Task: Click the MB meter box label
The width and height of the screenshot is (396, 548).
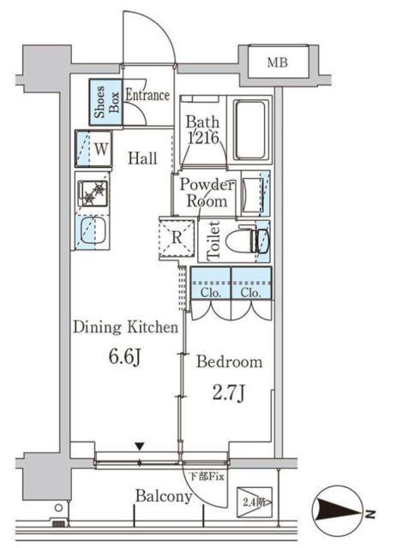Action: pos(278,63)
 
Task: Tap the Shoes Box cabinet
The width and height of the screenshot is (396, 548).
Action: pos(105,102)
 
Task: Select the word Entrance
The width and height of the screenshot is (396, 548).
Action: pos(147,95)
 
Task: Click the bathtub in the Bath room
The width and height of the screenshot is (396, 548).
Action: pos(250,130)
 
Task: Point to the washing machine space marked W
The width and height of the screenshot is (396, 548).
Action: pos(93,149)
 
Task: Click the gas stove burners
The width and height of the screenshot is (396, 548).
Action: pos(93,193)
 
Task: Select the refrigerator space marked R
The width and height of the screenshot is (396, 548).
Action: pos(177,238)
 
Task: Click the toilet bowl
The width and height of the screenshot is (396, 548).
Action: pos(247,241)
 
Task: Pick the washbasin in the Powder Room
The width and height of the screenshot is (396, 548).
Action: pos(250,194)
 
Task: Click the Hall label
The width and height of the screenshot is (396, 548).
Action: pos(142,158)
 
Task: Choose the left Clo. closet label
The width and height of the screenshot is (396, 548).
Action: pos(211,293)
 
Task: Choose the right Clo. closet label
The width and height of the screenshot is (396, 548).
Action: pos(251,293)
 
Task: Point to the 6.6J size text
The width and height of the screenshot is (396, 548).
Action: pos(125,357)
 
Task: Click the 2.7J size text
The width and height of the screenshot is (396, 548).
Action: pos(229,394)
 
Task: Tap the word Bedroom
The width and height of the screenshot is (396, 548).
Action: pos(229,361)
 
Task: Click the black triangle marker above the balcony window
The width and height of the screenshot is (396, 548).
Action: pos(140,446)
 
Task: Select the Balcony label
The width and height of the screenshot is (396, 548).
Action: pos(164,496)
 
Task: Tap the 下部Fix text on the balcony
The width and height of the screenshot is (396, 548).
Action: pos(207,476)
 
